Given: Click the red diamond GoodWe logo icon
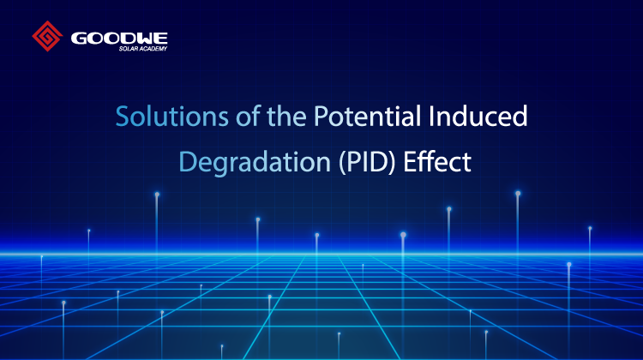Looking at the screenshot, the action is pos(47,36).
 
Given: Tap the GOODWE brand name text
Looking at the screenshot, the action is pos(119,38).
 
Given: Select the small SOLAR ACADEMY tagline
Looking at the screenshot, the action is pos(143,49).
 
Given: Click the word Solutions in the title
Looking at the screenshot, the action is pos(171,116).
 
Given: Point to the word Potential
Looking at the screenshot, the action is pos(367,116).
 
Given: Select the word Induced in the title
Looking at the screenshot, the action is pos(478,116).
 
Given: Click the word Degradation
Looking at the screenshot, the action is pos(255,162).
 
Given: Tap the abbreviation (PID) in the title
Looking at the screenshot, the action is pos(367,162).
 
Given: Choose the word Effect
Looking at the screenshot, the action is pos(437,161).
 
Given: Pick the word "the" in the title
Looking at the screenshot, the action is pos(286,116).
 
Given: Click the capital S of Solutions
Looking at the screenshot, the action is pos(123,117).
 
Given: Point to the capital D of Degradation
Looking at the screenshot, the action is pos(187,161).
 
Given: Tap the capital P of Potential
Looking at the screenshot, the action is pos(321,117).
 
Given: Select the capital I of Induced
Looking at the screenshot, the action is pos(431,117).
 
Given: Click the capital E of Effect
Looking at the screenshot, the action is pos(409,161).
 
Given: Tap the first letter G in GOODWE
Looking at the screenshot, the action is pos(78,38).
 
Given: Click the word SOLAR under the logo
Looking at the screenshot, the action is pos(129,49).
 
